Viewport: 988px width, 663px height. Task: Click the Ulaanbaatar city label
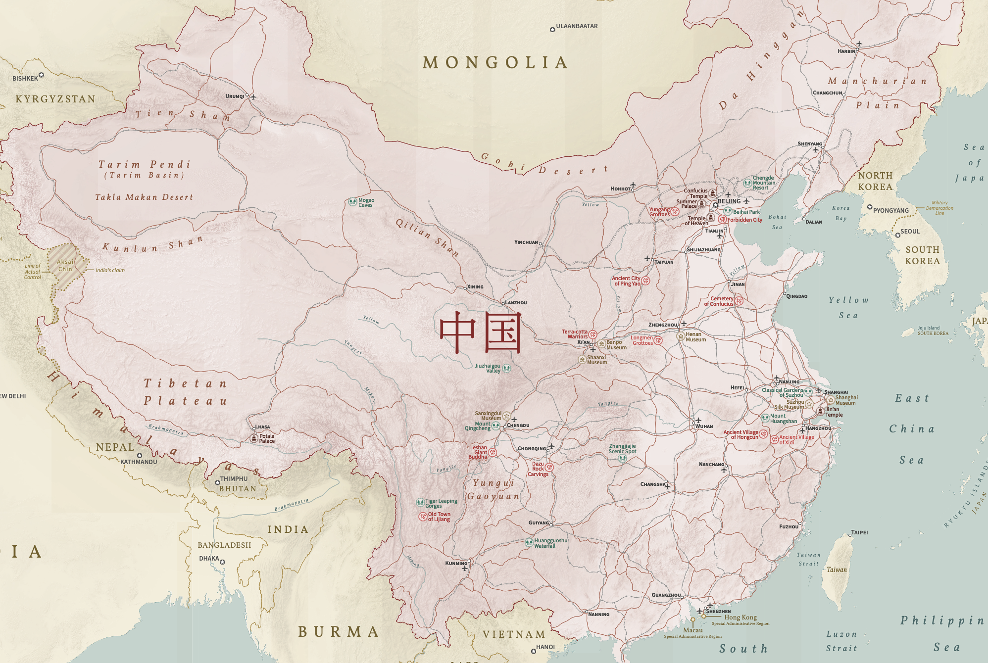pos(577,26)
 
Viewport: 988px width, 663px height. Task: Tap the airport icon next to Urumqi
pos(253,96)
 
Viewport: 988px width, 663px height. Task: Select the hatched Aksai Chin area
pos(64,266)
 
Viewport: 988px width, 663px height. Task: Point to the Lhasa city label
pos(262,426)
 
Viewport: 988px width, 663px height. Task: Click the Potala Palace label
pos(267,438)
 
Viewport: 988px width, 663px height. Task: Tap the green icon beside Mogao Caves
pos(352,202)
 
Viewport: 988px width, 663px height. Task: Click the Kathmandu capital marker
pos(140,455)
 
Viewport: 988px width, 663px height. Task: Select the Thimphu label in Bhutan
pos(234,478)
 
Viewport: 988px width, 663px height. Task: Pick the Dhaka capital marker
pos(223,562)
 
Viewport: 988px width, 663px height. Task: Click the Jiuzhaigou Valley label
pos(488,368)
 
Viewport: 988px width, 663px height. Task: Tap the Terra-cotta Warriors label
pos(575,334)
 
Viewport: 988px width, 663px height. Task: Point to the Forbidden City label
pos(744,220)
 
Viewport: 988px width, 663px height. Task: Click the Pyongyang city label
pos(891,210)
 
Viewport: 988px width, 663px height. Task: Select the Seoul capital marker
pos(897,235)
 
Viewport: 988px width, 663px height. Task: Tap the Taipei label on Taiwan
pos(860,532)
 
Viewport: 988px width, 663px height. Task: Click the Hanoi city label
pos(545,647)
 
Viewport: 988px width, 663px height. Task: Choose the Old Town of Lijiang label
pos(439,517)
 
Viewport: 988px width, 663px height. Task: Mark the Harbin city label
pos(846,51)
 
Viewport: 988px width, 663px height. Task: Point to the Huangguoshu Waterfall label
pos(550,543)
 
